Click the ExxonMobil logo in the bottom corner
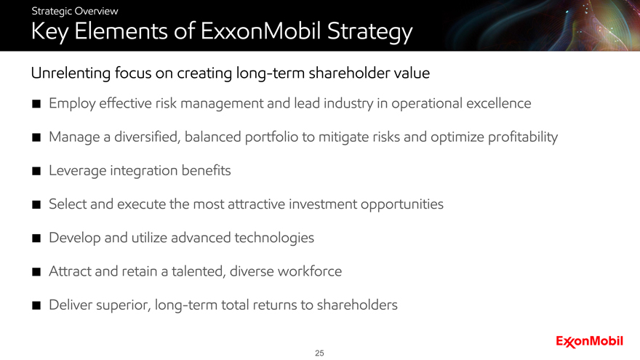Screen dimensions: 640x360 (x=589, y=342)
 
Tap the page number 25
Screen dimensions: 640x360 (x=319, y=353)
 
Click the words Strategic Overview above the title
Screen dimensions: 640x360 (x=75, y=11)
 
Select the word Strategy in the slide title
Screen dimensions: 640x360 (x=369, y=32)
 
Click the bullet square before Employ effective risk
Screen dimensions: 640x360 (x=36, y=104)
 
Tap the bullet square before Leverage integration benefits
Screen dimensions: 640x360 (x=36, y=171)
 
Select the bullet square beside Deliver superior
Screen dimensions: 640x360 (x=36, y=305)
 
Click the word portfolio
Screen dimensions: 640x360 (x=271, y=137)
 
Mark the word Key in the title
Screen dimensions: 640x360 (x=49, y=32)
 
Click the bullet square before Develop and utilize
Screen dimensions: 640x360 (x=36, y=239)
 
